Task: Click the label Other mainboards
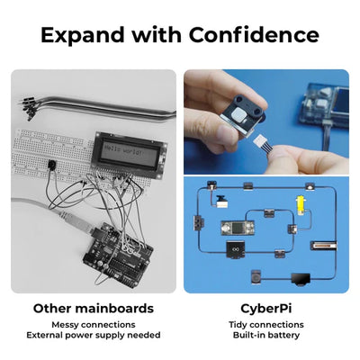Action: click(x=94, y=309)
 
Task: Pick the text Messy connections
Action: click(x=94, y=324)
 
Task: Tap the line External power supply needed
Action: click(x=94, y=336)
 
